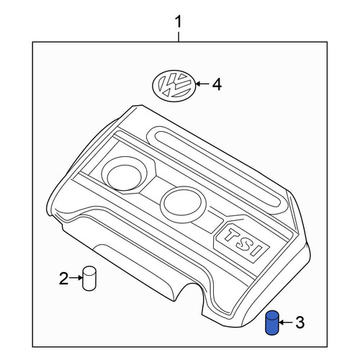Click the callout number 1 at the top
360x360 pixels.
179,22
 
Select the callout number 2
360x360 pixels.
63,278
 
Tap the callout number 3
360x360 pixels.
300,323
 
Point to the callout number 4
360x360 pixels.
217,84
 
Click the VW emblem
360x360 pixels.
174,84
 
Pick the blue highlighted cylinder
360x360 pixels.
272,323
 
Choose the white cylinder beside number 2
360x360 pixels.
89,279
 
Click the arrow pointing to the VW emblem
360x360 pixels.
202,84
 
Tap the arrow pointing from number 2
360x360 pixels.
76,278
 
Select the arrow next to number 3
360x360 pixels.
287,323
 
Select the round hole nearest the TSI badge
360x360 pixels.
183,202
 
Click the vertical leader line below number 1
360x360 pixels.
179,36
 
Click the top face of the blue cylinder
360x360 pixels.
272,315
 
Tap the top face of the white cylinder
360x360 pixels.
89,270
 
